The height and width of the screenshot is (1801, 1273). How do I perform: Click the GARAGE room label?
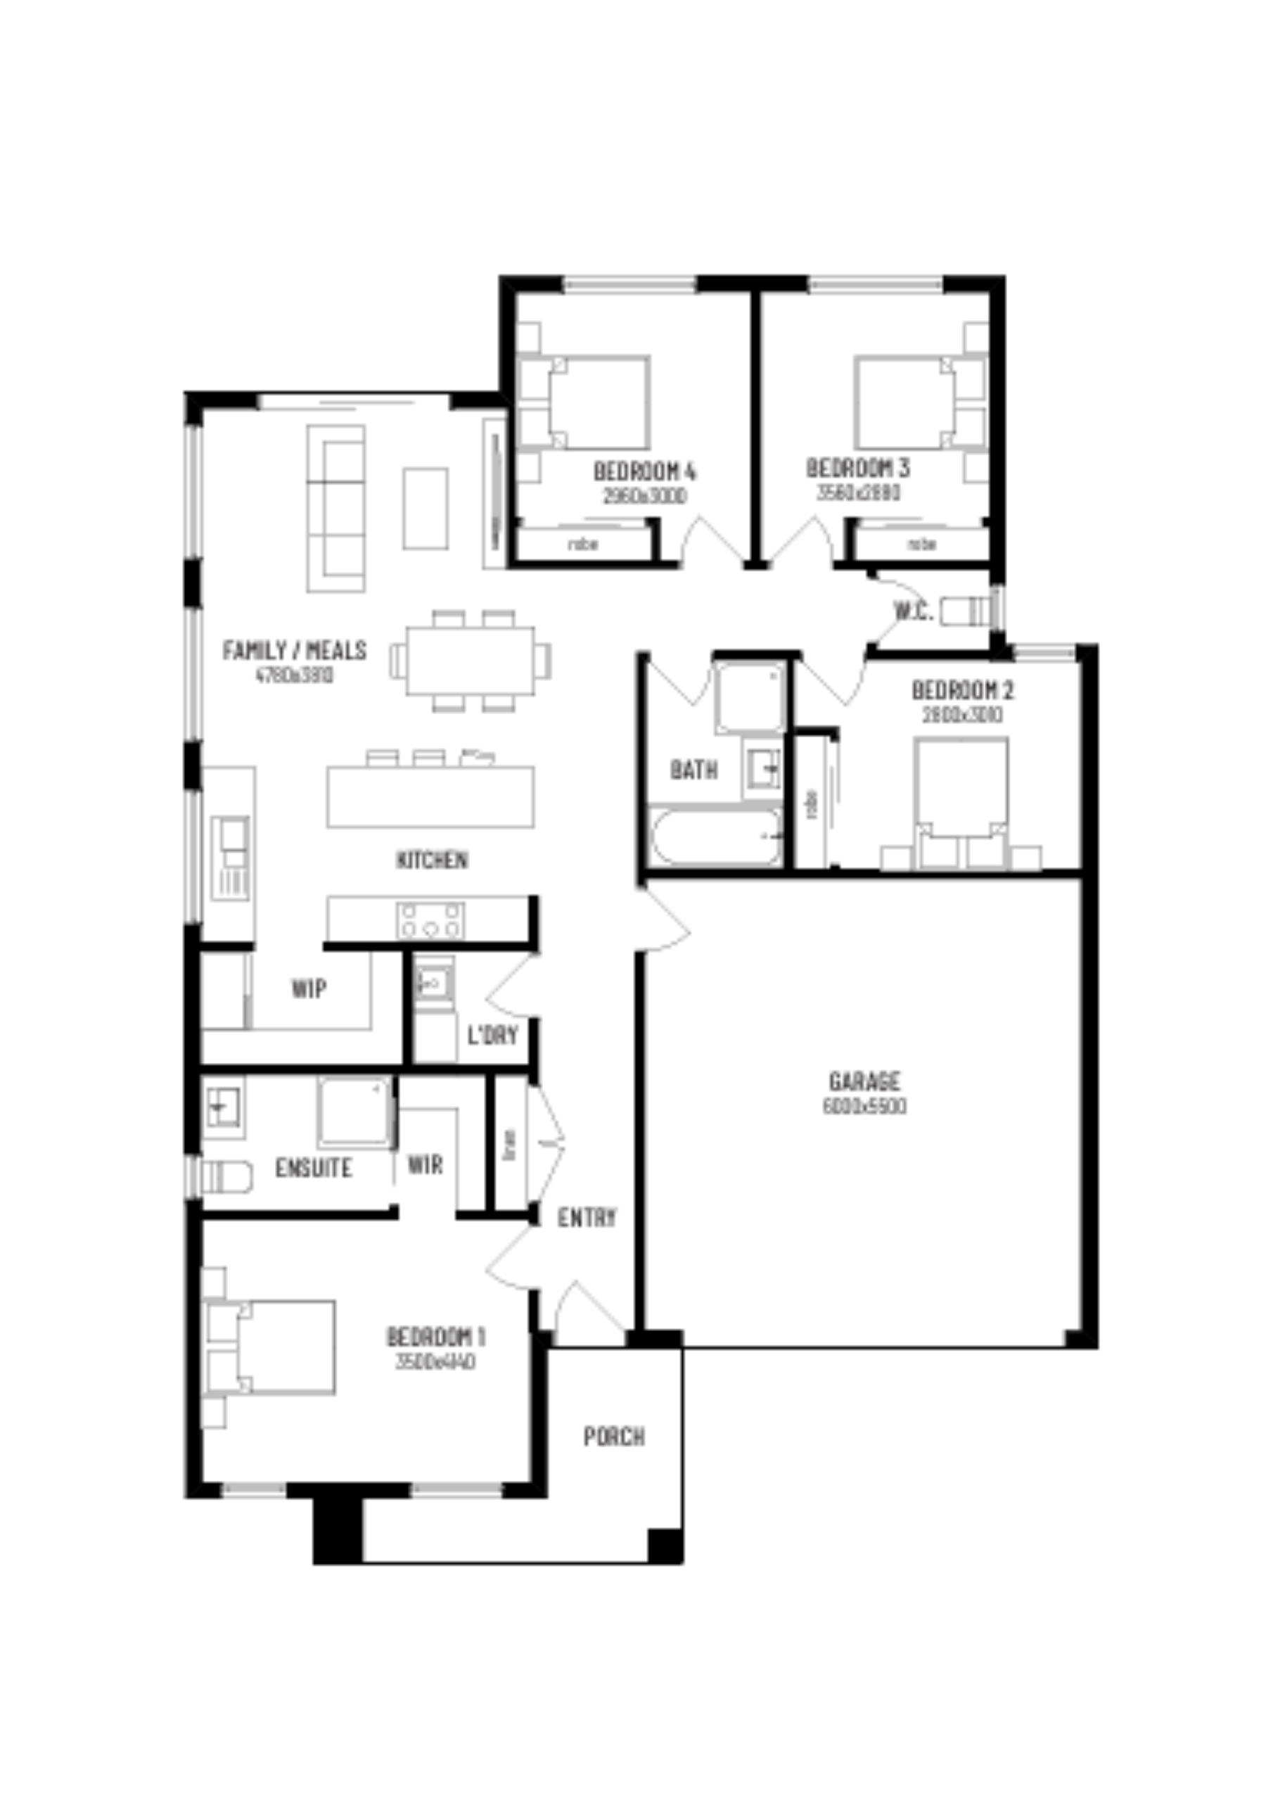864,1082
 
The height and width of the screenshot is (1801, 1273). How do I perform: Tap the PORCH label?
614,1437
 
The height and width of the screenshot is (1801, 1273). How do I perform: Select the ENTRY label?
587,1217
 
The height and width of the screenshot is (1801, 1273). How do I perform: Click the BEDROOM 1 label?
435,1337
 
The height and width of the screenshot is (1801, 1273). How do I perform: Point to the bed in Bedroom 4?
598,403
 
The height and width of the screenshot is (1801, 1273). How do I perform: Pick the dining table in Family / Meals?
470,661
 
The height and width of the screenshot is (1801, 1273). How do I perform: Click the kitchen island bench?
430,796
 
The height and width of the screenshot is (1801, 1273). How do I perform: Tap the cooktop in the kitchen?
430,920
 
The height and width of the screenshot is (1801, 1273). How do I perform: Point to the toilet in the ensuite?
225,1176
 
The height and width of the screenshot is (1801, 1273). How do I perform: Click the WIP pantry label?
309,989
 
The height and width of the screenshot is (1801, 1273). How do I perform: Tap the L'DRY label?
492,1036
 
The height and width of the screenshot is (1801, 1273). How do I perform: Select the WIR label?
425,1165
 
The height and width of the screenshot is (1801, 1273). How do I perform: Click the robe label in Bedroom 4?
583,544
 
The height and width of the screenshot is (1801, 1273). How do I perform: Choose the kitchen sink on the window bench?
233,839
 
